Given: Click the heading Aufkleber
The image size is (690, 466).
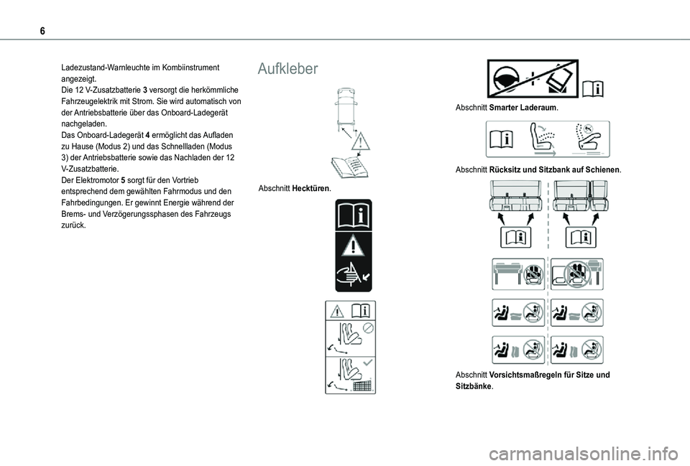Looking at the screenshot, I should (x=287, y=69).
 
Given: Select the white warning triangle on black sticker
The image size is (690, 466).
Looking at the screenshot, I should (x=353, y=247).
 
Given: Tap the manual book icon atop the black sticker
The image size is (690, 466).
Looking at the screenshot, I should (x=353, y=217).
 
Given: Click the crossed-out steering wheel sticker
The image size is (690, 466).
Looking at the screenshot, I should (x=532, y=79).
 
